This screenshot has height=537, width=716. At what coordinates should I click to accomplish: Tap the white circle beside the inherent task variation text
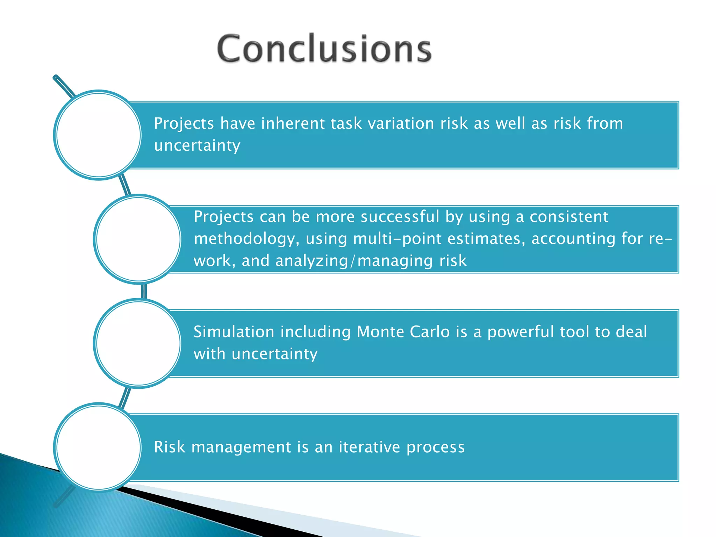tap(99, 135)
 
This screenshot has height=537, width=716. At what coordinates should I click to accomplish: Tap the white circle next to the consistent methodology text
tap(138, 239)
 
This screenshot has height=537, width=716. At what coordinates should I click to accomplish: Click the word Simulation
tap(234, 332)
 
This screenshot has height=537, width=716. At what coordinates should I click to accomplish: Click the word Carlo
tap(430, 332)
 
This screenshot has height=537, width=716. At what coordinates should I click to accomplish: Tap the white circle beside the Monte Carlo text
tap(138, 343)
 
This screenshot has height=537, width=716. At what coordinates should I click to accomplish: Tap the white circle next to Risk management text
tap(99, 447)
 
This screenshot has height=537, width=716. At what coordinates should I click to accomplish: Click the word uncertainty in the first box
tap(197, 146)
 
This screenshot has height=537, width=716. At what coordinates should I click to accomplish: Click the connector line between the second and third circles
tap(144, 292)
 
